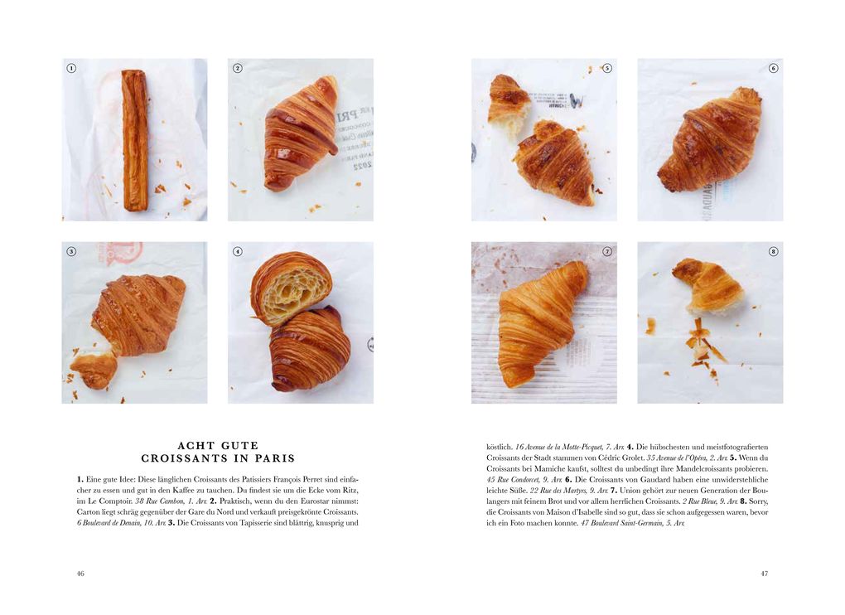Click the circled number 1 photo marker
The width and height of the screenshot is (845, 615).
(71, 68)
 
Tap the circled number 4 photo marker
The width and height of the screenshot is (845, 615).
(238, 251)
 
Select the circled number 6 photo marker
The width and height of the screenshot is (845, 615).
(773, 68)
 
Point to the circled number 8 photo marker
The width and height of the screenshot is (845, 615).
(773, 251)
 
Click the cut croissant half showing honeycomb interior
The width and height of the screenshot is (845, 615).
(291, 287)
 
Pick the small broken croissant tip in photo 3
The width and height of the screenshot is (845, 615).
(94, 369)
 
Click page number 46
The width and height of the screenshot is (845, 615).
(80, 573)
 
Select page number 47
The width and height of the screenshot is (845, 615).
(764, 573)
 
